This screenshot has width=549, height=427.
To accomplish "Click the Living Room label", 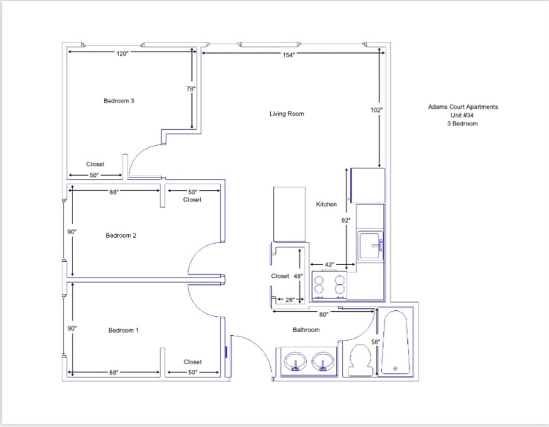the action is (x=287, y=114).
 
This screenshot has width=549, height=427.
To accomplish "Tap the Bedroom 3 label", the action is (x=119, y=101).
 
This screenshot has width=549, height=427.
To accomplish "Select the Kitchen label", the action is (x=326, y=204).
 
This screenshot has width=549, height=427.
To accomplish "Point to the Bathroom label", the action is (x=306, y=330).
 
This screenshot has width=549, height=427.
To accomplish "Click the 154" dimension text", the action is (x=289, y=55).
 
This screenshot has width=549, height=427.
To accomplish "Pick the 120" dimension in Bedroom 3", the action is (x=122, y=54).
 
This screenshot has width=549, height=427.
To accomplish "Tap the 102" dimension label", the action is (x=376, y=110).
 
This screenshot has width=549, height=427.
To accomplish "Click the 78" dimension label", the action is (x=191, y=89).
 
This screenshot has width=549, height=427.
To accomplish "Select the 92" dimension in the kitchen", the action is (x=346, y=220).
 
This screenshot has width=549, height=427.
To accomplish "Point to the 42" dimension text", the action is (x=329, y=265).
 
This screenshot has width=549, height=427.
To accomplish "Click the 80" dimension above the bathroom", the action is (x=324, y=314).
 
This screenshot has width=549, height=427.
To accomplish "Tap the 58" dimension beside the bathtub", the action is (x=375, y=342).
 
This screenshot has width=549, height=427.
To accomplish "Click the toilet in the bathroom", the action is (x=360, y=360).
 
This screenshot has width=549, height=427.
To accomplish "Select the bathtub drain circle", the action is (x=395, y=368).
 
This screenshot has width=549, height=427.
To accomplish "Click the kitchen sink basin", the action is (x=369, y=246).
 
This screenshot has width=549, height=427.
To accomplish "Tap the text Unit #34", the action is (x=462, y=115).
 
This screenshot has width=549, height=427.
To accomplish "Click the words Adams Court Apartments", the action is (x=463, y=107).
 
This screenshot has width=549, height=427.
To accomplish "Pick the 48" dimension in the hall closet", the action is (x=298, y=276).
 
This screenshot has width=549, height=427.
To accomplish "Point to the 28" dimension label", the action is (x=290, y=300).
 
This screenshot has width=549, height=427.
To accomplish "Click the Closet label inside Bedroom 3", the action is (x=95, y=164).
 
